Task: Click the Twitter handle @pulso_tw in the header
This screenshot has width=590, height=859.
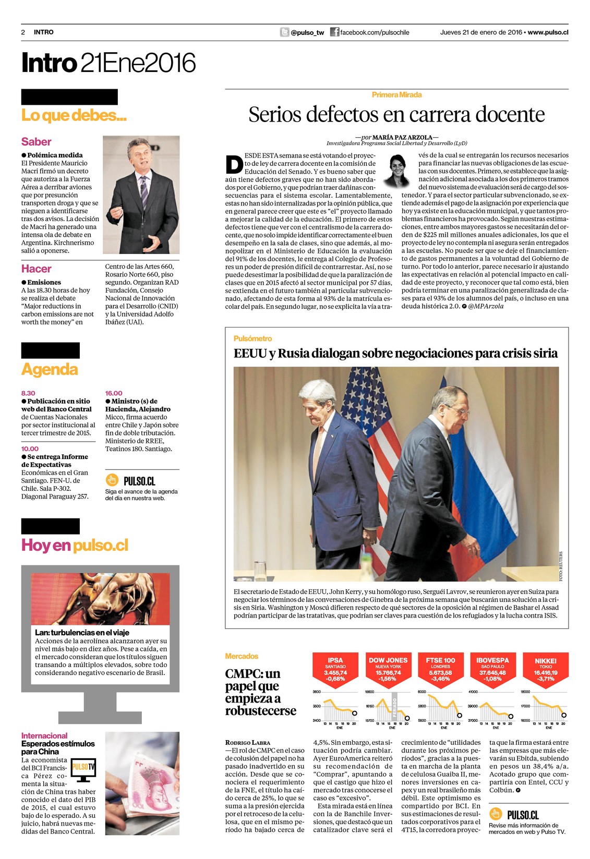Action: click(x=307, y=32)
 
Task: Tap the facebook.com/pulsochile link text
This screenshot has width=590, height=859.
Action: click(x=375, y=32)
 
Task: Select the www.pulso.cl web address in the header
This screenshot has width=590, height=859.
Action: click(x=548, y=32)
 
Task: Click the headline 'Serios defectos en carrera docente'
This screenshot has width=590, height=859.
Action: click(x=396, y=114)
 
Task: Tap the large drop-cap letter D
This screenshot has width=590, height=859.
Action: click(x=234, y=164)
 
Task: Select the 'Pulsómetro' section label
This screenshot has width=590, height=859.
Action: click(x=252, y=338)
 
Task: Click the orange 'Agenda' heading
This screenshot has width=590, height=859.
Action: click(x=50, y=369)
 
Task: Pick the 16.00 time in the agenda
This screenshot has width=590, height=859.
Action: click(x=114, y=393)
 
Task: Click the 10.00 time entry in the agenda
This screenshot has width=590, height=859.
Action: click(x=30, y=449)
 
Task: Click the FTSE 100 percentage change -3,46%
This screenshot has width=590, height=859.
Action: click(x=440, y=679)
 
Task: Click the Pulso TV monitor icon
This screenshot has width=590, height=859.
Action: click(x=83, y=769)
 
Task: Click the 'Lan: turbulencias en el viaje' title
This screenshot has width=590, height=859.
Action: click(x=82, y=632)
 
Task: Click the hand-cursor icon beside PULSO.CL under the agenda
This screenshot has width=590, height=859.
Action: click(x=112, y=479)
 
